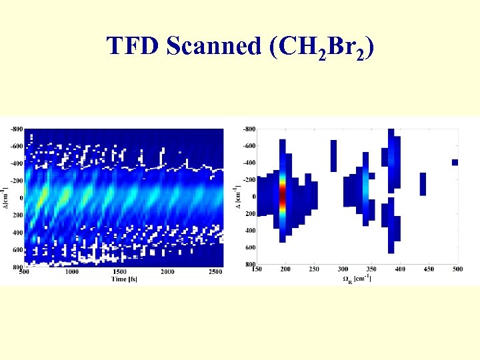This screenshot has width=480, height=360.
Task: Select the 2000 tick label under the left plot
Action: [x=167, y=272]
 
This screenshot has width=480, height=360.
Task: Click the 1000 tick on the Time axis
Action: [x=71, y=272]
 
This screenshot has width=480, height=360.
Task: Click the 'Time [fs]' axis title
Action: [x=124, y=279]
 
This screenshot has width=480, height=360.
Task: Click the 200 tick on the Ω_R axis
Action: [x=285, y=269]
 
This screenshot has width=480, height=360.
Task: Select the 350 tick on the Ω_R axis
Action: [x=371, y=269]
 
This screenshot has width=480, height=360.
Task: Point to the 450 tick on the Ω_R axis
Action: [x=429, y=269]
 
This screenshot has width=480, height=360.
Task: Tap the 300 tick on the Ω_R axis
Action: [x=343, y=269]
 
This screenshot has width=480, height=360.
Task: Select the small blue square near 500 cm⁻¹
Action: [x=455, y=162]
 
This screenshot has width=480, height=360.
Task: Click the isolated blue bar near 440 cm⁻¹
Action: [x=423, y=184]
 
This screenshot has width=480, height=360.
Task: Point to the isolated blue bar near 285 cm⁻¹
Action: [x=333, y=156]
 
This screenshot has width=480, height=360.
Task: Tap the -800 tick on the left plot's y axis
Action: [x=15, y=129]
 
